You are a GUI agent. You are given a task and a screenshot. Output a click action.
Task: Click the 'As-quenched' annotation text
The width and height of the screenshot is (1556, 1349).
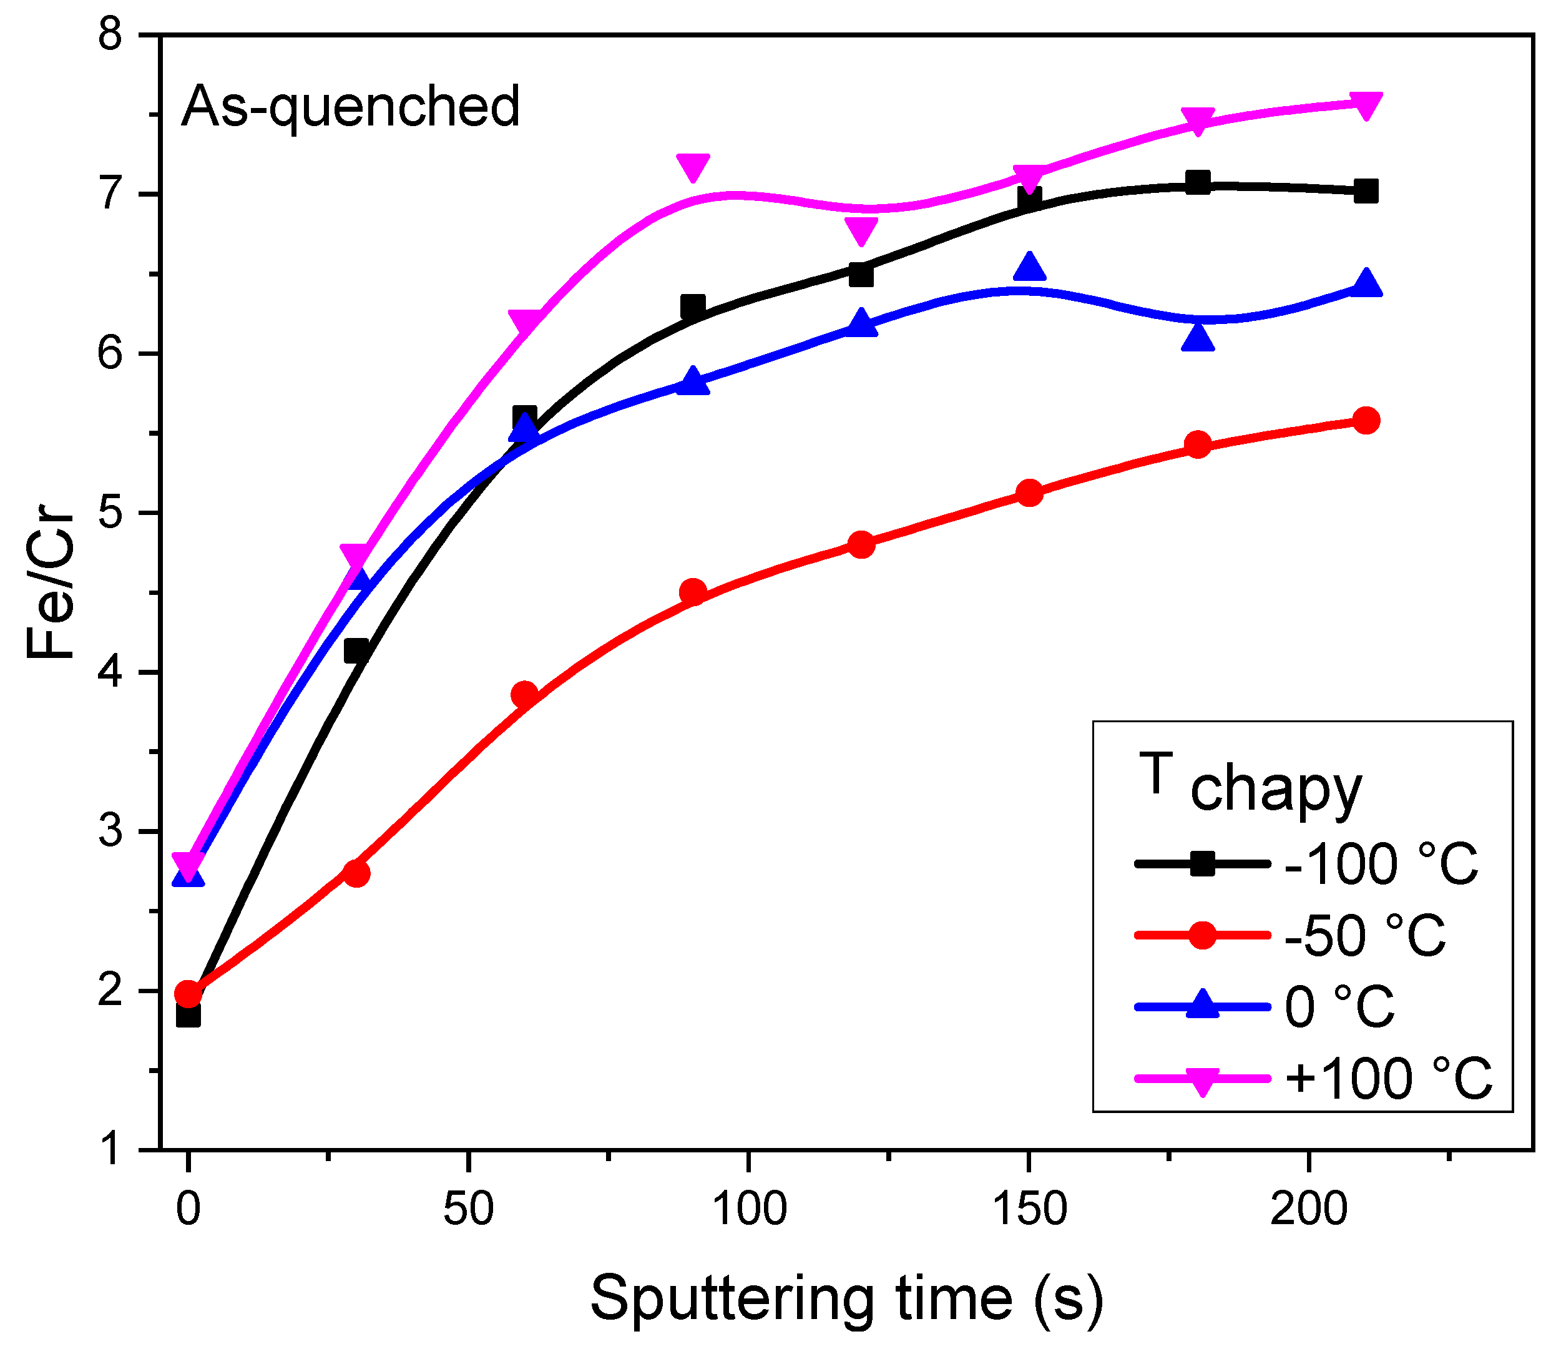click(351, 106)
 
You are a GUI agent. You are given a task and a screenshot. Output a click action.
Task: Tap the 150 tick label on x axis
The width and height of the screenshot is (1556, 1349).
click(1029, 1211)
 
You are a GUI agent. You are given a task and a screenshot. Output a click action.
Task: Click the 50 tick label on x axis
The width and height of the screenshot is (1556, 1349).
click(468, 1211)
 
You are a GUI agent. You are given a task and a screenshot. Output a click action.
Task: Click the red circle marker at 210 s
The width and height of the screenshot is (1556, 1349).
click(1366, 420)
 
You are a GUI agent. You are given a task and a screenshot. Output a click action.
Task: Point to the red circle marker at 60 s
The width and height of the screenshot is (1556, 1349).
click(525, 694)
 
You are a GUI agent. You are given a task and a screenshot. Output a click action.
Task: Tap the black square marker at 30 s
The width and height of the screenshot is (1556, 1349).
click(356, 650)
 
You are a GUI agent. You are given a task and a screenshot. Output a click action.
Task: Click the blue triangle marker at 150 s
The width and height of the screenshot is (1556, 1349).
click(1029, 267)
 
